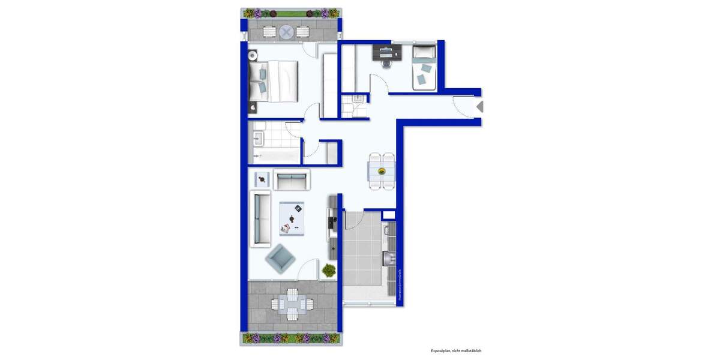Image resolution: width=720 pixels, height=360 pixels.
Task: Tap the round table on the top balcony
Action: (x=287, y=31)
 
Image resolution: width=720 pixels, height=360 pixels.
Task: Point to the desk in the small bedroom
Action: (x=385, y=53)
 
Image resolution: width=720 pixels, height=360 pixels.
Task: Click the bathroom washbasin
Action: (x=259, y=139)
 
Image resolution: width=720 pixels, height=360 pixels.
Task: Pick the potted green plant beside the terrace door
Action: (x=328, y=271)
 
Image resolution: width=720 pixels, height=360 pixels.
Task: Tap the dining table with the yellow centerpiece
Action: (x=382, y=172)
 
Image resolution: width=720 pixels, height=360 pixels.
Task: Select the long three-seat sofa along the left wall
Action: (x=260, y=218)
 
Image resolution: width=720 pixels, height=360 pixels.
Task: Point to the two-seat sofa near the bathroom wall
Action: (x=292, y=179)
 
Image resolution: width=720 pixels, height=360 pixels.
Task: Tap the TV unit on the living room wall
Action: (x=332, y=225)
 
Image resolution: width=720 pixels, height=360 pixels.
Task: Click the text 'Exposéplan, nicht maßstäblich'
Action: (x=456, y=350)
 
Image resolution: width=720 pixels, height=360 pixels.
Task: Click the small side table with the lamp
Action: (x=262, y=178)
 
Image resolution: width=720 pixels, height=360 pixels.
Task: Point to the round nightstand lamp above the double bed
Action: (x=253, y=55)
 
